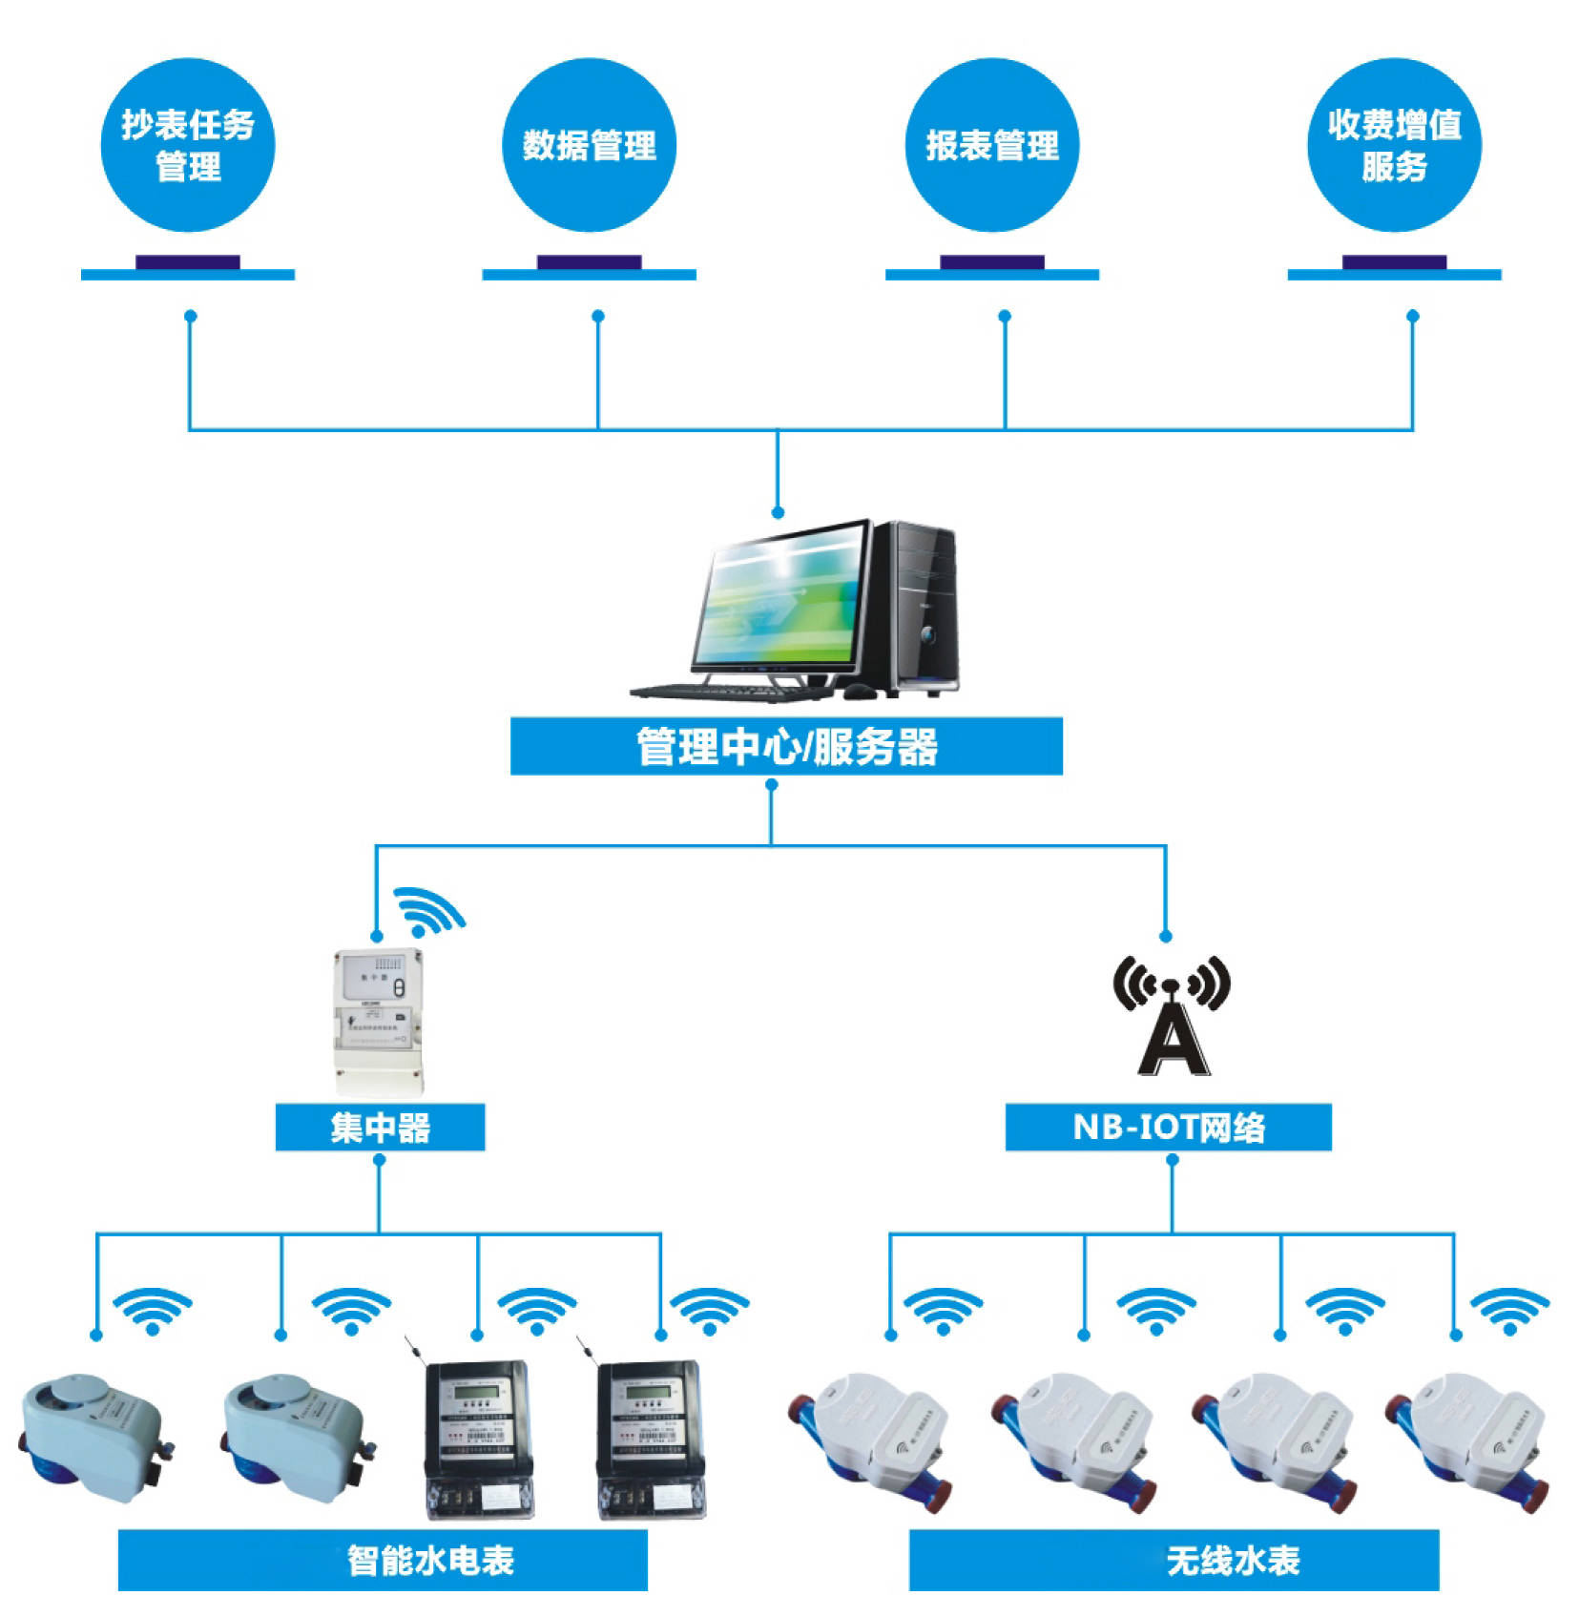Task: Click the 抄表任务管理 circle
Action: (188, 145)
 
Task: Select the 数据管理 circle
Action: (589, 145)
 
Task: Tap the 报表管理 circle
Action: (992, 145)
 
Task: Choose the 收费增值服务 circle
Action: (1394, 145)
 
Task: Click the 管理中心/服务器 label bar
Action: (786, 746)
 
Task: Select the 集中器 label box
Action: (380, 1128)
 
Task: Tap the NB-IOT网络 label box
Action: (1168, 1128)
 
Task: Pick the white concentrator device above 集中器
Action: (378, 1021)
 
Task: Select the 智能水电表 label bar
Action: (383, 1560)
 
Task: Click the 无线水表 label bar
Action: (1174, 1560)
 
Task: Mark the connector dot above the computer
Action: (778, 512)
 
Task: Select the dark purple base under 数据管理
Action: (589, 261)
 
